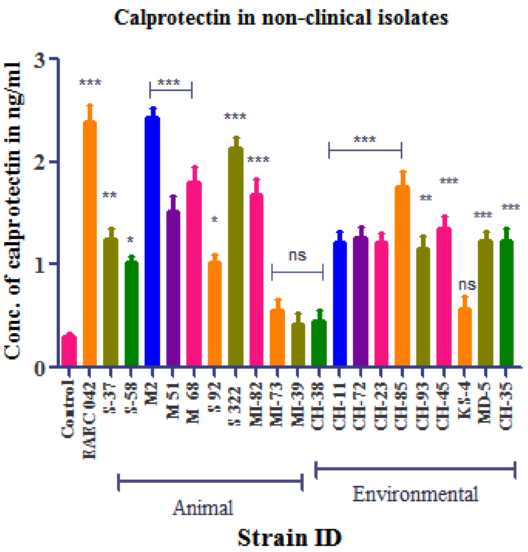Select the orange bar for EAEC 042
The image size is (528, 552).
pos(90,245)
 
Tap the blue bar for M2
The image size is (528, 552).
pos(152,242)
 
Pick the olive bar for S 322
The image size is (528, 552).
pos(236,256)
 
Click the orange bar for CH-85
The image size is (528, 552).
pos(402,276)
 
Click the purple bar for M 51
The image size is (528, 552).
pos(173,288)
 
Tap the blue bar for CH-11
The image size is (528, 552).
pos(340,304)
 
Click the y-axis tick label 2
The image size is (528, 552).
pos(39,162)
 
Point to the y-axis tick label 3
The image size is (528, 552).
pos(39,61)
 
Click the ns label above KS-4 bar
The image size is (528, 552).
pos(467,285)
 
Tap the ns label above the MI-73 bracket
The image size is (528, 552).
pos(297,256)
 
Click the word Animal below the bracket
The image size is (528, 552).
pos(203,508)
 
